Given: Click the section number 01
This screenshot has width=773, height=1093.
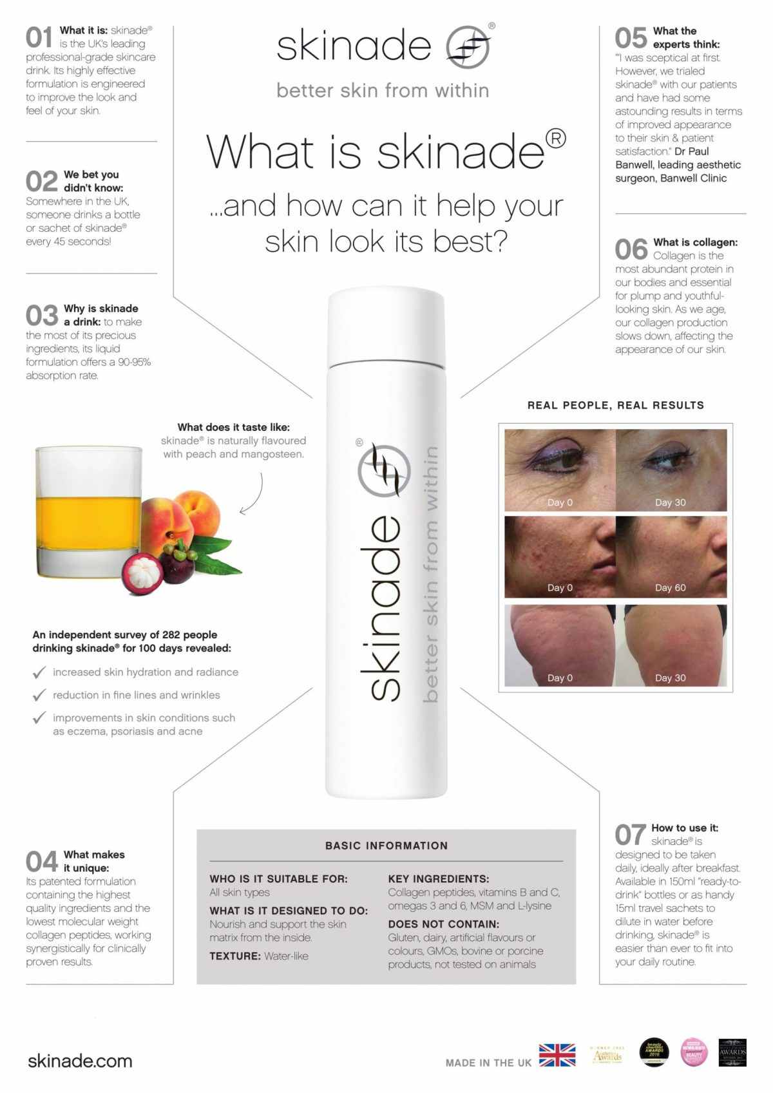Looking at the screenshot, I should [39, 38].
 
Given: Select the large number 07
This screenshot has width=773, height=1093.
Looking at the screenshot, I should [630, 835].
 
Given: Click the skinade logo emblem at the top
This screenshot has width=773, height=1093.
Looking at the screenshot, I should [468, 47].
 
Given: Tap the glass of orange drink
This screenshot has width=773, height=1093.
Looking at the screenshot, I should [88, 511].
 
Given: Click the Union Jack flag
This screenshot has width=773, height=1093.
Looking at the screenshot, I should [557, 1055].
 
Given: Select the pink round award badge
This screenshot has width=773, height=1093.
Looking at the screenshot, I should [694, 1052].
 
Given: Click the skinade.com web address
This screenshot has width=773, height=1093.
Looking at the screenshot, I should [80, 1061].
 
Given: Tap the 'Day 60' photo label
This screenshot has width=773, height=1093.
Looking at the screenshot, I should [670, 587].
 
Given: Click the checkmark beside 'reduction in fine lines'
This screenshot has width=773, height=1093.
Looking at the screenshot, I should [39, 696].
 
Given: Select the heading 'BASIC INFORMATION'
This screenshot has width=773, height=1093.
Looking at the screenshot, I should [386, 846].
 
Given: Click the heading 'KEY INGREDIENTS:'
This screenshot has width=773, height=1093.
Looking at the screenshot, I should [438, 879].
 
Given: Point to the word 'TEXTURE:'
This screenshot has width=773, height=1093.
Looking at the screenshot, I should [234, 956].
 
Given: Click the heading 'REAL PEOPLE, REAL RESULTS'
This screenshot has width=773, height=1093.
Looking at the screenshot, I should [615, 405].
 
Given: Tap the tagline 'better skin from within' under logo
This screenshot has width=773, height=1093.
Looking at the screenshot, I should [383, 90].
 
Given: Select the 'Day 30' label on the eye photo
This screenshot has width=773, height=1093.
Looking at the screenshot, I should [670, 502].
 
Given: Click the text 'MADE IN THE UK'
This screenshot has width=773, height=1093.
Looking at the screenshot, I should [488, 1063].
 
